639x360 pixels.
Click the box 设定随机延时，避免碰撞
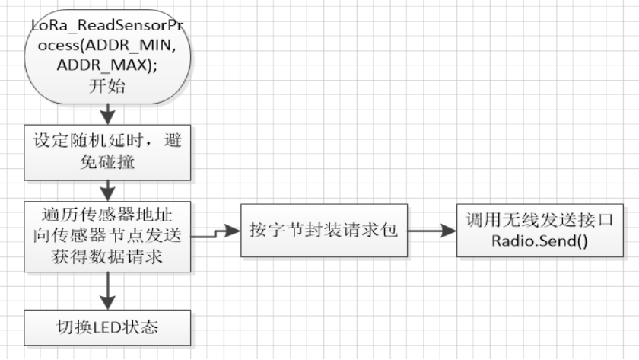107,151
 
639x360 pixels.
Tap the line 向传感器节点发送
107,235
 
